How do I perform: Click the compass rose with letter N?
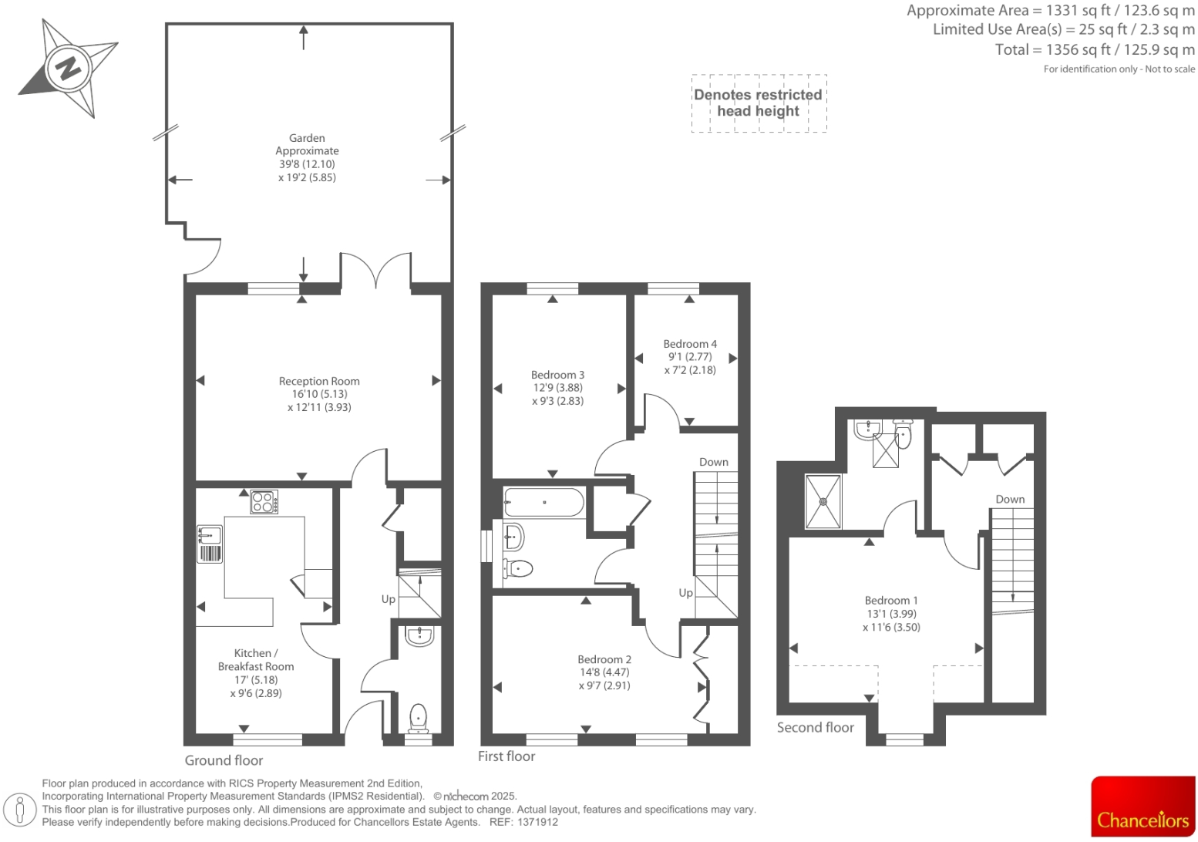[68, 69]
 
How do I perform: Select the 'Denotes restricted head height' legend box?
[759, 103]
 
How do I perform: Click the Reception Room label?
[319, 381]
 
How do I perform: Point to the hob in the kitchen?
[264, 502]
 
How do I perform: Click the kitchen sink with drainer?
[210, 544]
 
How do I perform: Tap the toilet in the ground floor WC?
[418, 716]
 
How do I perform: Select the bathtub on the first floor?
[544, 503]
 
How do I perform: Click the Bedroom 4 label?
[690, 344]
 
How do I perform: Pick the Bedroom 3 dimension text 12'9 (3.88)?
[557, 388]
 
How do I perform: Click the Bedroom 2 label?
[604, 659]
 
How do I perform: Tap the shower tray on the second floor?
[823, 501]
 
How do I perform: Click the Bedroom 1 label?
[891, 600]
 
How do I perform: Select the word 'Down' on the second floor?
[1010, 499]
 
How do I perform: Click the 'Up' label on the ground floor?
[388, 599]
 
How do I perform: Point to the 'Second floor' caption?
[815, 727]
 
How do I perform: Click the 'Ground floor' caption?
[224, 760]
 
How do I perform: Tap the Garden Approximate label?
[307, 144]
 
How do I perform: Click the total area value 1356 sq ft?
[1078, 49]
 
